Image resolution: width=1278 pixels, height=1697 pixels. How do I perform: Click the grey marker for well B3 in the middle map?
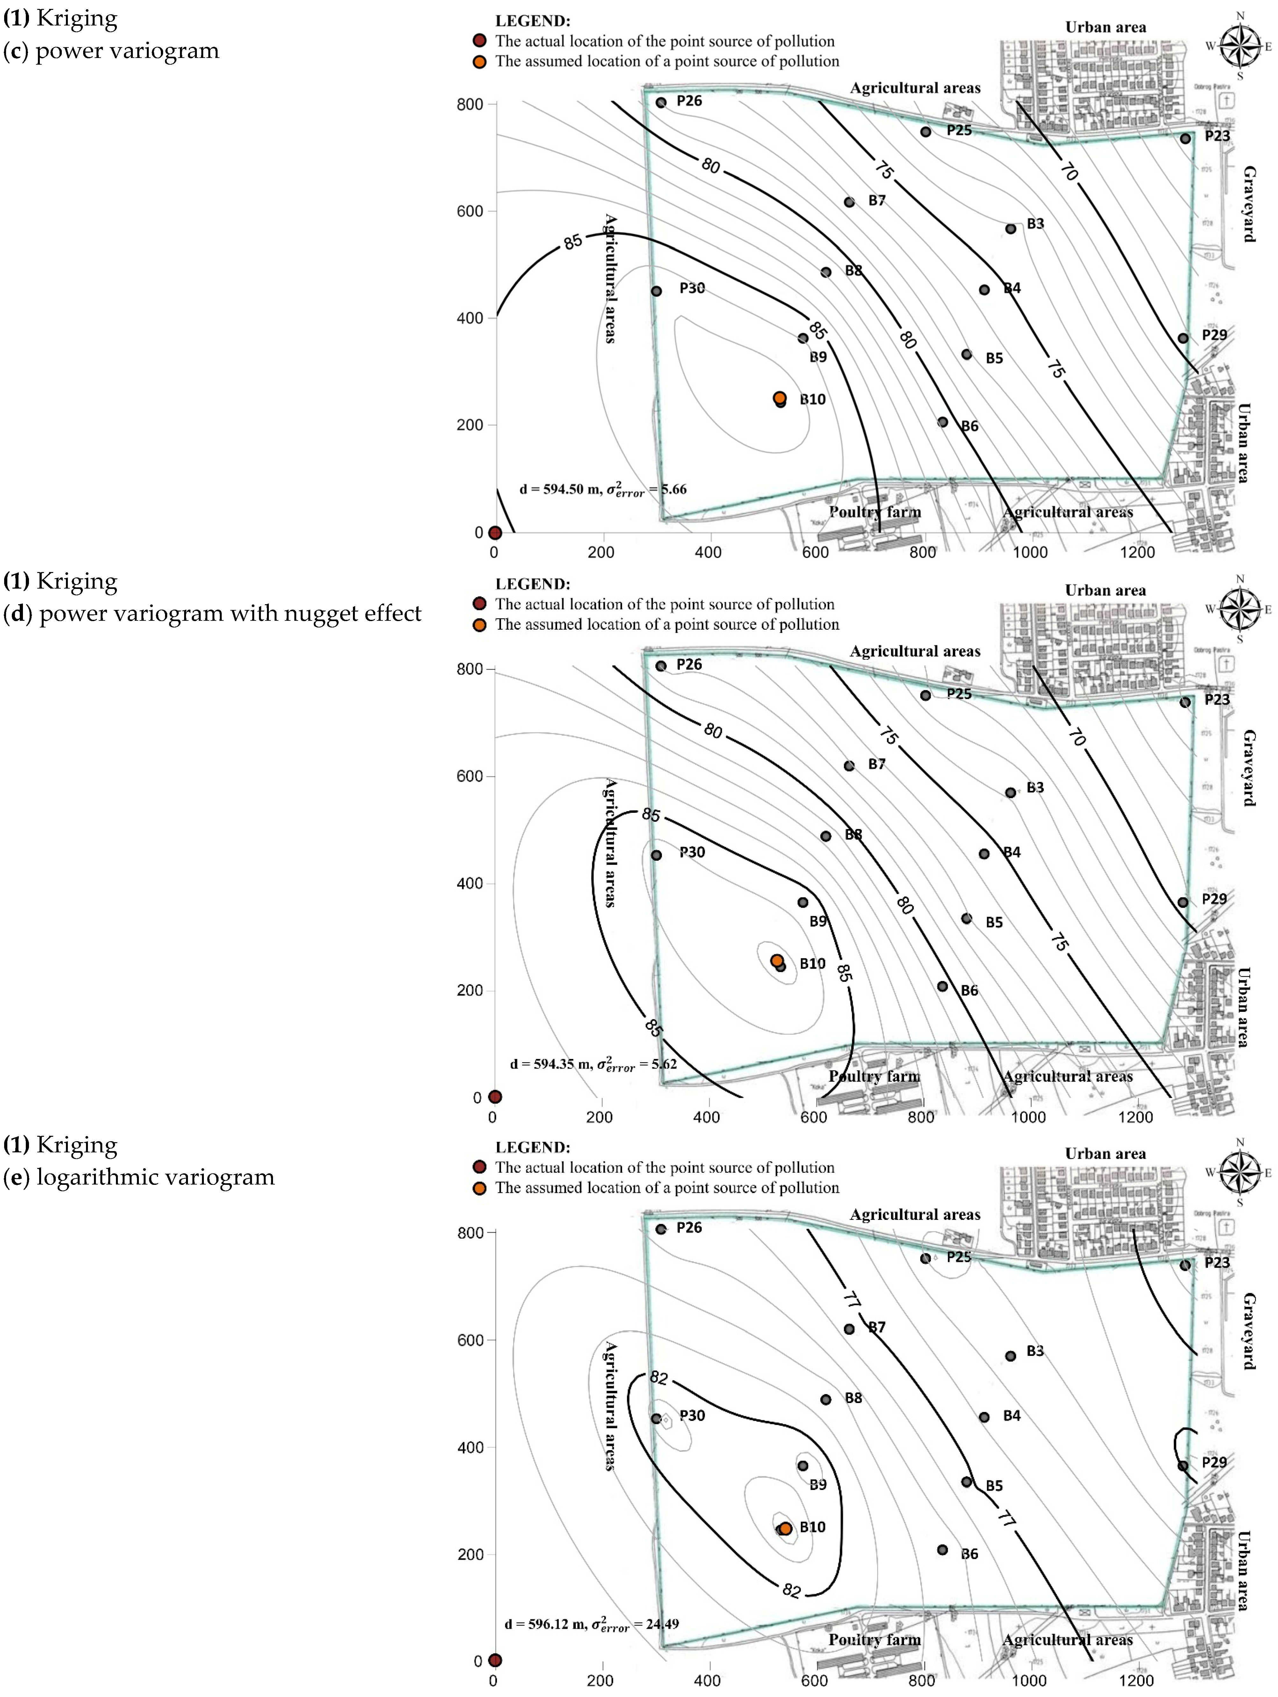click(x=1010, y=792)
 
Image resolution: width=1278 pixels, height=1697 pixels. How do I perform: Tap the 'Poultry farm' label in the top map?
click(x=874, y=512)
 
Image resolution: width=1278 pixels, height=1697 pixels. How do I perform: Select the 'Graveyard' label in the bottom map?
click(x=1249, y=1332)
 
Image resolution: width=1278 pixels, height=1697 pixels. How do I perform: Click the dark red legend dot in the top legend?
click(x=479, y=41)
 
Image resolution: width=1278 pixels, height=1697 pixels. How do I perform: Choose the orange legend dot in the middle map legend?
click(x=479, y=625)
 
